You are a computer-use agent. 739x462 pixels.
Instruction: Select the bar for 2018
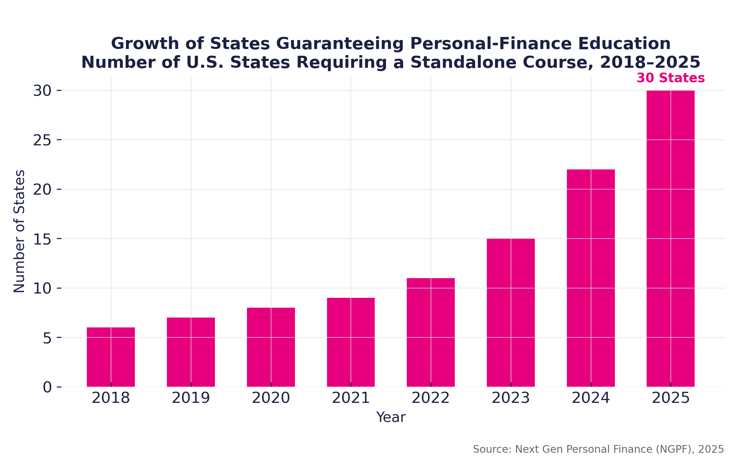(x=111, y=357)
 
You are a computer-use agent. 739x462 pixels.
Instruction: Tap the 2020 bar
(x=271, y=347)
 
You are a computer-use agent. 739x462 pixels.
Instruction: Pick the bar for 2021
(x=351, y=342)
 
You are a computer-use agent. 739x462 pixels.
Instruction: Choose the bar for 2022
(x=431, y=332)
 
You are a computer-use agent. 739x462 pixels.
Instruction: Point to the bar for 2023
(x=511, y=313)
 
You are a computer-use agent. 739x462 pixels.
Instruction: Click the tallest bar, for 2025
(x=671, y=239)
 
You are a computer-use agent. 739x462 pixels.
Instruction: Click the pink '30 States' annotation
(x=671, y=78)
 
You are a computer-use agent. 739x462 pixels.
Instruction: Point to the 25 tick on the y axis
(x=42, y=140)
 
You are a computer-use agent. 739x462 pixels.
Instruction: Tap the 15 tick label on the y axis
(x=42, y=239)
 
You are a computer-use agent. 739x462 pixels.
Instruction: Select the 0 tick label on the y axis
(x=47, y=387)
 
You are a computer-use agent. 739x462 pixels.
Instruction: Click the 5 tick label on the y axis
(x=47, y=338)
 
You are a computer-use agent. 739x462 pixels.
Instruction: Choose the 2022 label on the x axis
(x=431, y=398)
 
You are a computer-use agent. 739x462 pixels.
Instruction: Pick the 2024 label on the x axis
(x=591, y=398)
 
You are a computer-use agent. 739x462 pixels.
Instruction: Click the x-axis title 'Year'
(x=391, y=417)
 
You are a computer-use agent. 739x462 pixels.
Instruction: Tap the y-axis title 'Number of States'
(x=19, y=231)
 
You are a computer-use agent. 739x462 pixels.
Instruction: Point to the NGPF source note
(x=598, y=449)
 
